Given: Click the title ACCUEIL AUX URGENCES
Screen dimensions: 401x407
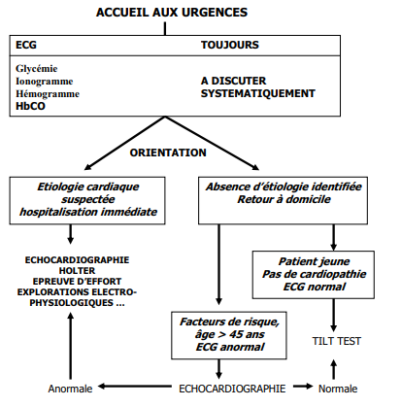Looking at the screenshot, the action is coord(172,13).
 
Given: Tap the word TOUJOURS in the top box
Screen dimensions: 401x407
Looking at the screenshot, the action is coord(230,45).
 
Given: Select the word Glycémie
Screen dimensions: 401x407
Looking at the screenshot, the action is coord(37,69).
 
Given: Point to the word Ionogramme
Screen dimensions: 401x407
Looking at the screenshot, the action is coord(45,81).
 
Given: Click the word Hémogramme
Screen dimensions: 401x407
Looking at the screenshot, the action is coord(48,94).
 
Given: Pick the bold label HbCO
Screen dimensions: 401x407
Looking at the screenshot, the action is coord(30,106).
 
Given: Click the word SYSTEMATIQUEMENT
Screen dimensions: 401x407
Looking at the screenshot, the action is coord(258,93).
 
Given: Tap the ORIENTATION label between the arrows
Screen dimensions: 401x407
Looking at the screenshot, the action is coord(168,153).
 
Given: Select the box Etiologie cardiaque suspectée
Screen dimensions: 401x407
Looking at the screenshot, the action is coord(87,200).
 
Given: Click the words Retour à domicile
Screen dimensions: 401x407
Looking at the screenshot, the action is coord(284,199).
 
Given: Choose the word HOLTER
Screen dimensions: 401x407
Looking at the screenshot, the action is coord(77,270).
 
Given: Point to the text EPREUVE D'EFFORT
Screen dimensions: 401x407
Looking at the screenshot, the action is coord(77,281).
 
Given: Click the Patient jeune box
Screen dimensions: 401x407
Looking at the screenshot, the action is coord(314,275).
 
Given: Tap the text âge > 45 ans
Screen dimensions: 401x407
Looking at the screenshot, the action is coord(229,334).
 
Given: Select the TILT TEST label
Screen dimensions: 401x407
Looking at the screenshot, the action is coord(336,341).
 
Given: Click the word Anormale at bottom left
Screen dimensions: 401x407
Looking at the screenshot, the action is coord(70,389).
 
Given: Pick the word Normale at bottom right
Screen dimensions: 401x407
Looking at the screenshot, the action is coord(338,389).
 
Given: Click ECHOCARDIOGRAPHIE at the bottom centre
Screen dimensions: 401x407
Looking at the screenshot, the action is coord(232,389).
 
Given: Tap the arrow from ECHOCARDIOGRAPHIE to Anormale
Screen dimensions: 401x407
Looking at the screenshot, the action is coord(135,386).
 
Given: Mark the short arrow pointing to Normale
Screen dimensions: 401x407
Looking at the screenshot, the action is coord(303,386).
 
